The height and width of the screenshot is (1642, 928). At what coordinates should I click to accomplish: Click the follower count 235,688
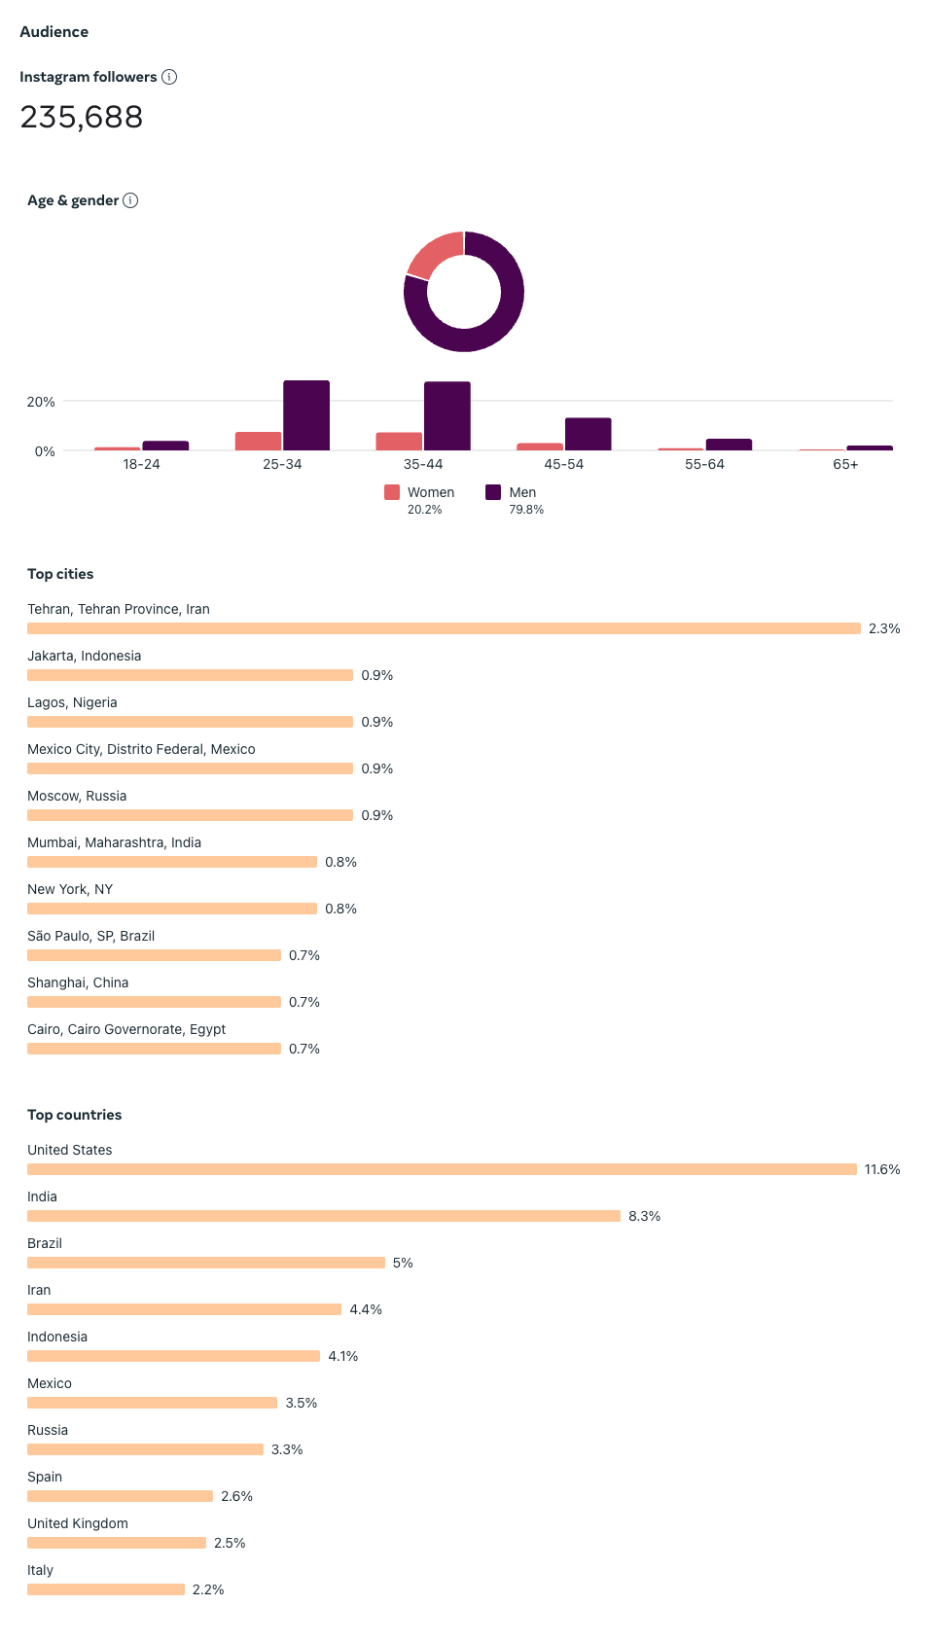(82, 118)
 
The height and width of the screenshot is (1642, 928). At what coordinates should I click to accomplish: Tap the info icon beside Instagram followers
(169, 77)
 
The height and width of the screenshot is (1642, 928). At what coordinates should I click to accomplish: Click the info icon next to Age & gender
(130, 200)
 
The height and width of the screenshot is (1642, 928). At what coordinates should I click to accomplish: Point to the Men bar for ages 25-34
(306, 415)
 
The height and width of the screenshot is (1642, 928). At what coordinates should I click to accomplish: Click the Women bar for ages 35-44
(399, 442)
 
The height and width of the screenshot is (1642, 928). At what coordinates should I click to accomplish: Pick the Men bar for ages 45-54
(588, 434)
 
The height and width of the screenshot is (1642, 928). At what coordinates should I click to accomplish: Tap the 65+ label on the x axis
(845, 464)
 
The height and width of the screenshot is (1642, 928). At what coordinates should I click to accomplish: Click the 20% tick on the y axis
(41, 402)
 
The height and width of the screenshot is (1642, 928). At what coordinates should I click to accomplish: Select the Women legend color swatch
(392, 492)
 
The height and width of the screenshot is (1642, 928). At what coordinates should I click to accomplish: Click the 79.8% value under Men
(526, 510)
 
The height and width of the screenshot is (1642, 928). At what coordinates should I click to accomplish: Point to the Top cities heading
(60, 574)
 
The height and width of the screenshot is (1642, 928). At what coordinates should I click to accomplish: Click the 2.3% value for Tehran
(884, 628)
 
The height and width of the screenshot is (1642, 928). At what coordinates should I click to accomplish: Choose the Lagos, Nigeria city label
(72, 702)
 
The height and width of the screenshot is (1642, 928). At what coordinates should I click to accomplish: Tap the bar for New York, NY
(172, 909)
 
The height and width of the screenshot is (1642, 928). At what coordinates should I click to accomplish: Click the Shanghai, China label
(78, 982)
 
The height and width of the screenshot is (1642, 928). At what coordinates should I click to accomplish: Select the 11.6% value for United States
(882, 1169)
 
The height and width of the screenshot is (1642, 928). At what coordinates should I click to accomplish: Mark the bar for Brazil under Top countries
(206, 1263)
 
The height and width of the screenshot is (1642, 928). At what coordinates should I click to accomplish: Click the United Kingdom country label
(78, 1523)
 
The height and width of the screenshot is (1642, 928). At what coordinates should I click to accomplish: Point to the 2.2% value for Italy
(208, 1589)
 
